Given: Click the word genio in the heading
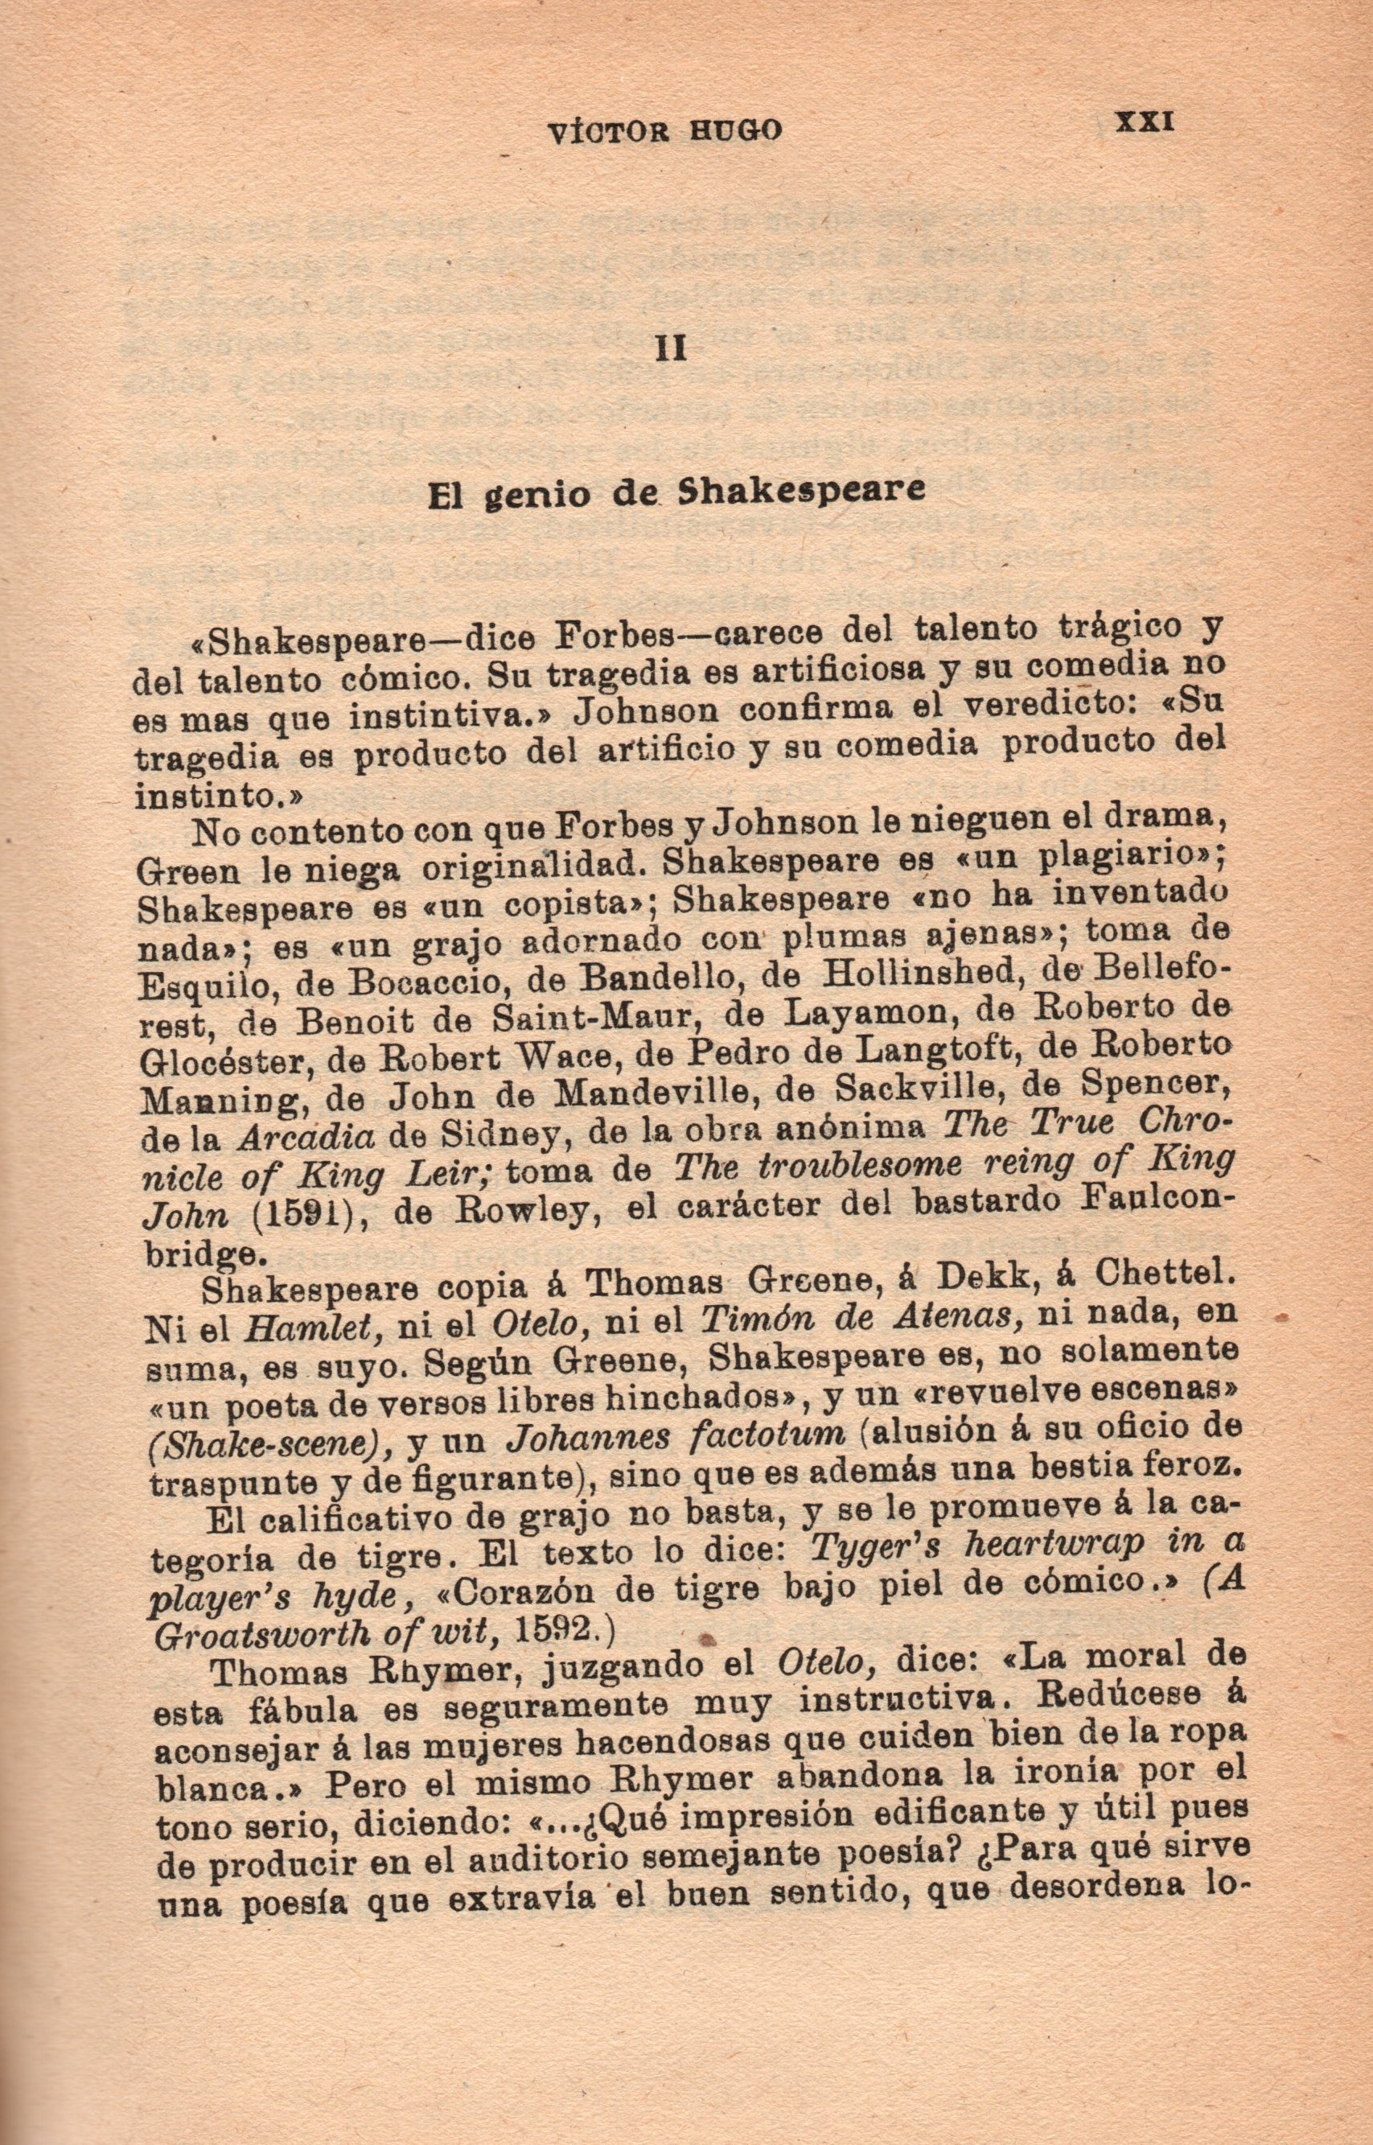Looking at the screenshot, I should [x=535, y=495].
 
